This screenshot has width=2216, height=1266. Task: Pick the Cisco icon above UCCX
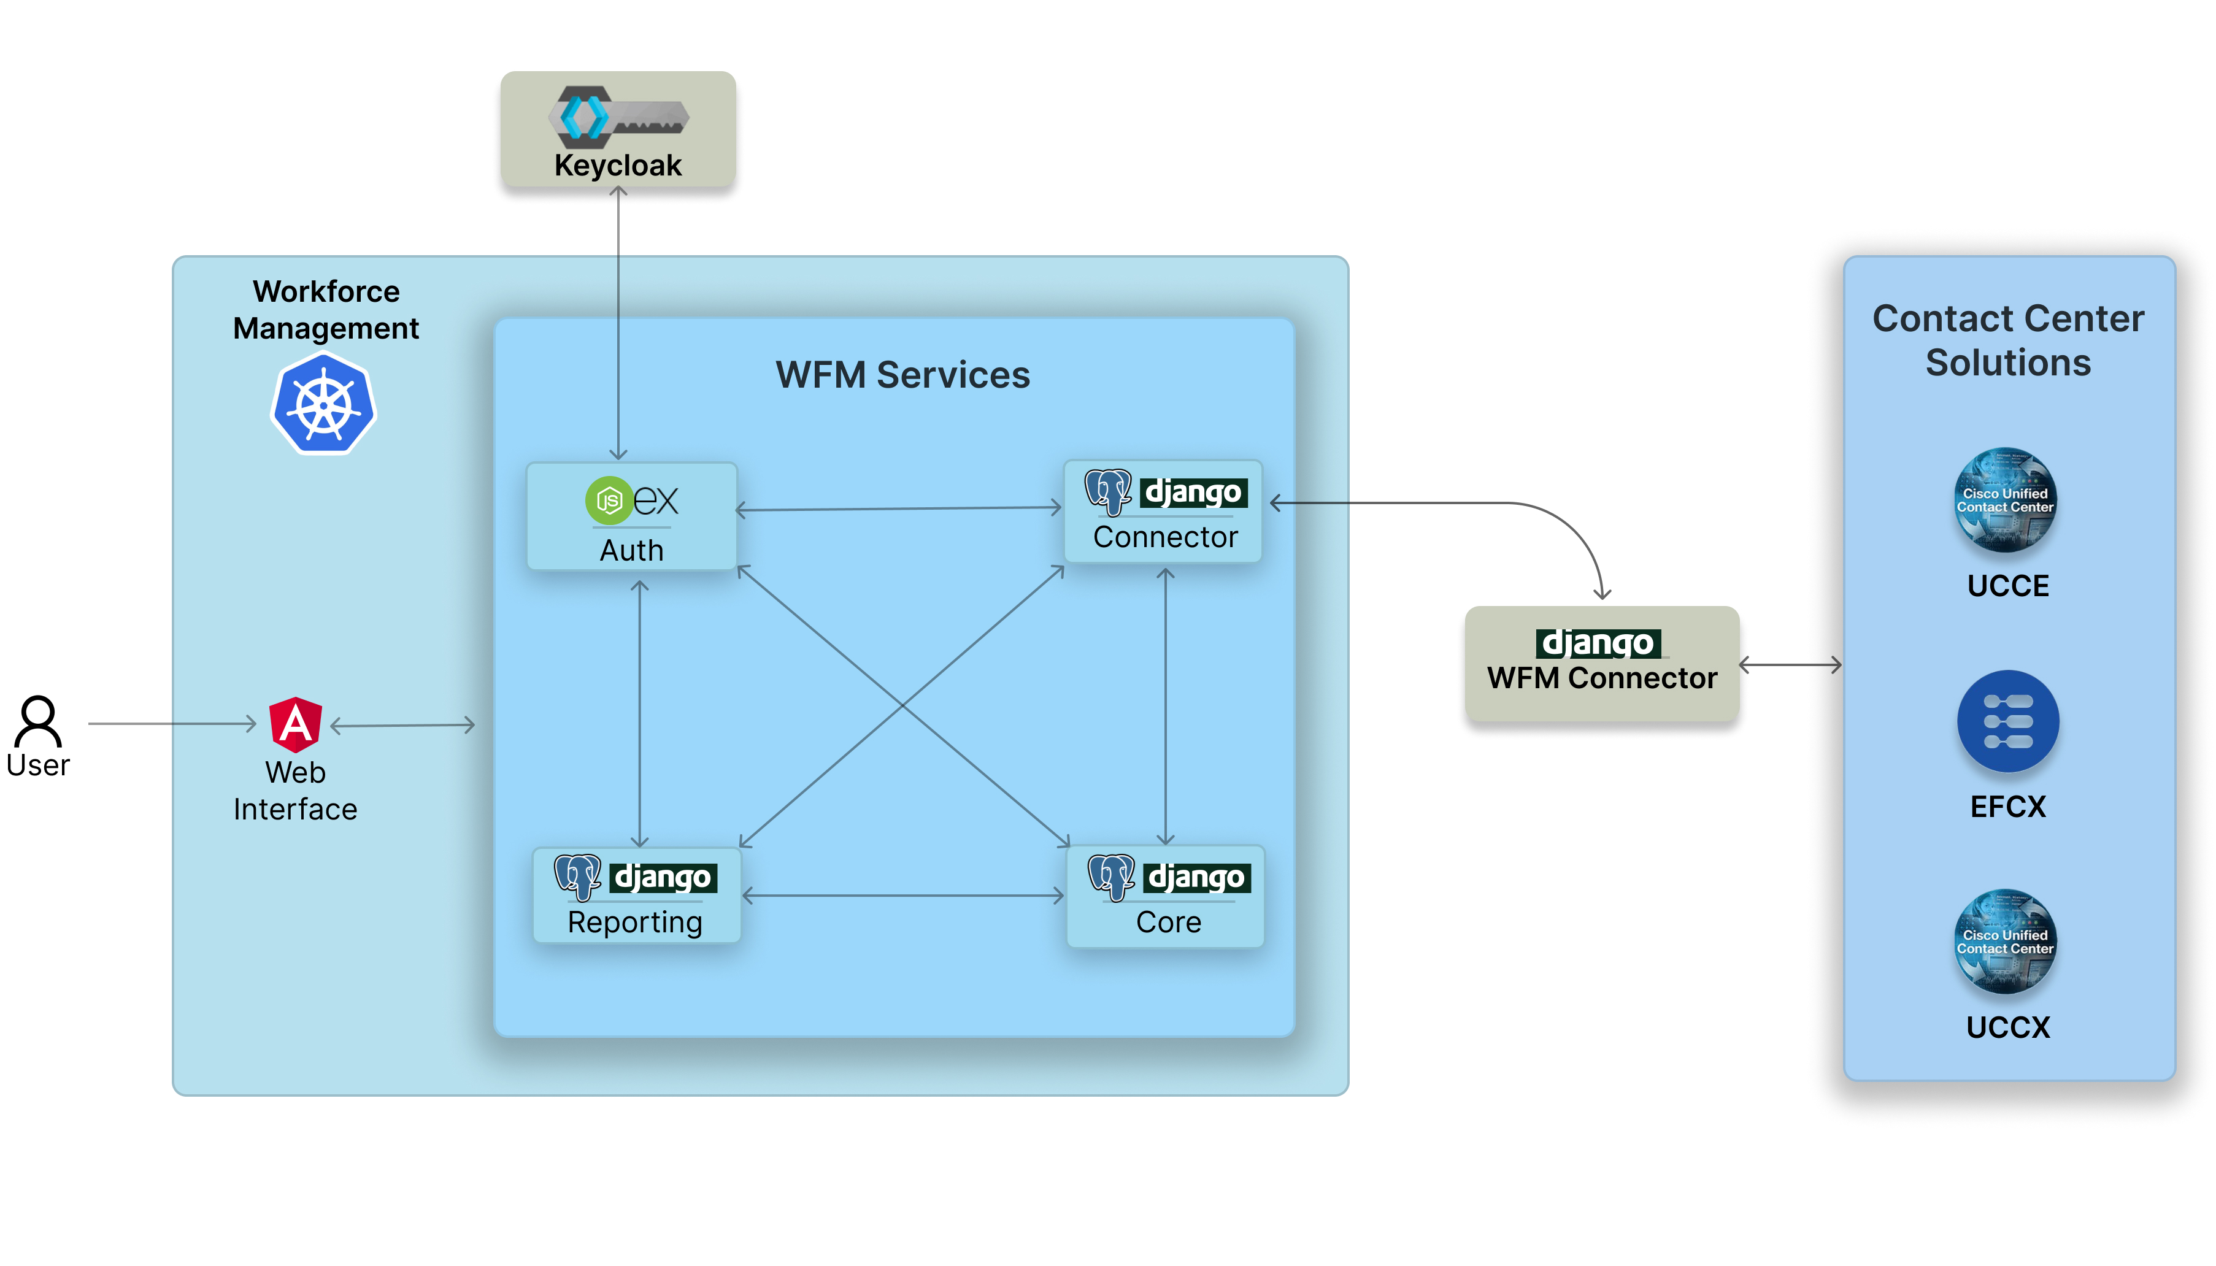2005,941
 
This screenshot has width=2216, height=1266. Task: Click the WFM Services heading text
902,375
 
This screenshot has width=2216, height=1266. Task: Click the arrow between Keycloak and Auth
618,322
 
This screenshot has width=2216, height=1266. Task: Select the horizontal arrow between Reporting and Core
902,895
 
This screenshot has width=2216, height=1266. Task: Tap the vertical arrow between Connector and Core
1166,706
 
